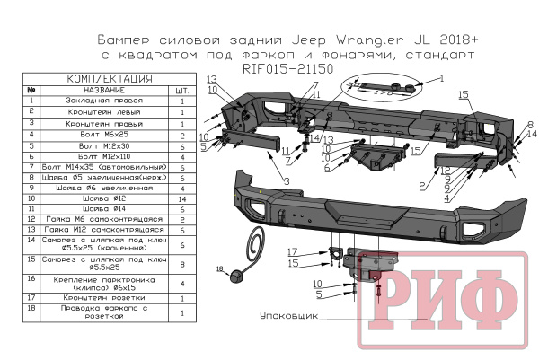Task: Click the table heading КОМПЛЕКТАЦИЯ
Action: click(x=108, y=78)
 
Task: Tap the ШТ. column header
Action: click(x=182, y=90)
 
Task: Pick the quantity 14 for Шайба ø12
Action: click(x=182, y=196)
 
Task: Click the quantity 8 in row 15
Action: click(x=182, y=263)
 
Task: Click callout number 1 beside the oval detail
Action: click(x=441, y=78)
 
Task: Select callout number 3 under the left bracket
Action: click(x=286, y=182)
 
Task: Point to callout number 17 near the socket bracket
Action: click(x=292, y=251)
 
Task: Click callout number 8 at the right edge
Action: click(x=531, y=123)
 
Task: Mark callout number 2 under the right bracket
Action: click(x=420, y=186)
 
